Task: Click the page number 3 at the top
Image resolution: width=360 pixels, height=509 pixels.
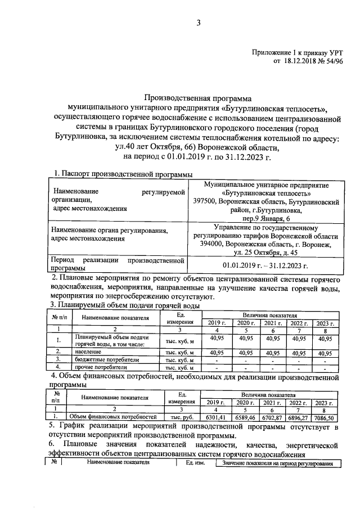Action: pos(198,23)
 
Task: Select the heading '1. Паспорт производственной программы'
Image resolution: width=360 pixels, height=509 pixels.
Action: pos(123,175)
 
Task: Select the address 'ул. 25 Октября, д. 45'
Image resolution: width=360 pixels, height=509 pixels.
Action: pos(266,253)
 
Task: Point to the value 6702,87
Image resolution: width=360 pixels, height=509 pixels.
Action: pos(274,418)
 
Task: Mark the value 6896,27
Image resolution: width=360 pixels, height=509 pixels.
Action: pos(300,418)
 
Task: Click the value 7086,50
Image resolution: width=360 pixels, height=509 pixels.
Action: pos(328,418)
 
